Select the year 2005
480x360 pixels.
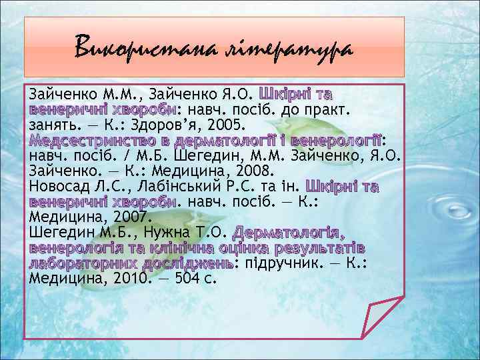point(227,125)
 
